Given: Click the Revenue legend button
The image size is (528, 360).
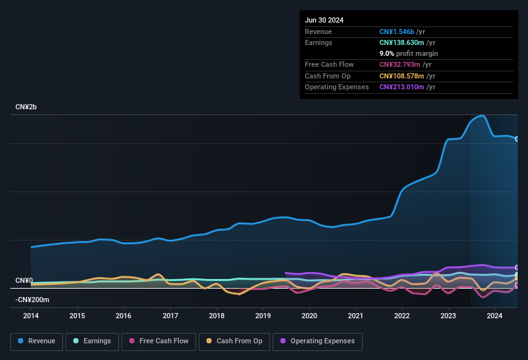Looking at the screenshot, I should pyautogui.click(x=37, y=341).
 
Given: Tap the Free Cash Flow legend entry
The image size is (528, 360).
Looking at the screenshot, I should pyautogui.click(x=159, y=341).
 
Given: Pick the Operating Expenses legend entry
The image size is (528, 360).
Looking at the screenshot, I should pyautogui.click(x=317, y=341).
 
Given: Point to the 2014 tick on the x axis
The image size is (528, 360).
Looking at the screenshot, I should pyautogui.click(x=31, y=316).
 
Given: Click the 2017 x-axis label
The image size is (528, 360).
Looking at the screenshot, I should pyautogui.click(x=170, y=316).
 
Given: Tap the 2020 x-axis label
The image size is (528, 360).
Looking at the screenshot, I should pyautogui.click(x=309, y=316).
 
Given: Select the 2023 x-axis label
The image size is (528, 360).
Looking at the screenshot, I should pyautogui.click(x=448, y=316).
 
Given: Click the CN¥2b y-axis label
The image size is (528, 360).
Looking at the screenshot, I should pyautogui.click(x=26, y=107).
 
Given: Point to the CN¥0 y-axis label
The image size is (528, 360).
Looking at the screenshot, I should pyautogui.click(x=24, y=281).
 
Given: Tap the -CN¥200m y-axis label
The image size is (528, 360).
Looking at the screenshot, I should pyautogui.click(x=32, y=300).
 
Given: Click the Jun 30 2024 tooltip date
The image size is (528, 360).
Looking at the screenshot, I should pyautogui.click(x=324, y=20).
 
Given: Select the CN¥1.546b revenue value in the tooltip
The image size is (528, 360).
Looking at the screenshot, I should pyautogui.click(x=397, y=32).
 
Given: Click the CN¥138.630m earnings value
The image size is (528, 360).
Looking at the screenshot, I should pyautogui.click(x=402, y=42).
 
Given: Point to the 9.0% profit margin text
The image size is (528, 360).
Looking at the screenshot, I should pyautogui.click(x=408, y=53).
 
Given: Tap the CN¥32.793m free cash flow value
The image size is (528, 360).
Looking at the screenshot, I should pyautogui.click(x=400, y=64).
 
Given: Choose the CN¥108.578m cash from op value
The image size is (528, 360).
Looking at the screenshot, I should pyautogui.click(x=402, y=76).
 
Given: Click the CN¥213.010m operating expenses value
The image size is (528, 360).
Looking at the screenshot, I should pyautogui.click(x=402, y=87).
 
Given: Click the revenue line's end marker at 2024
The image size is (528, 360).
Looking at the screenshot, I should pyautogui.click(x=517, y=139).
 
